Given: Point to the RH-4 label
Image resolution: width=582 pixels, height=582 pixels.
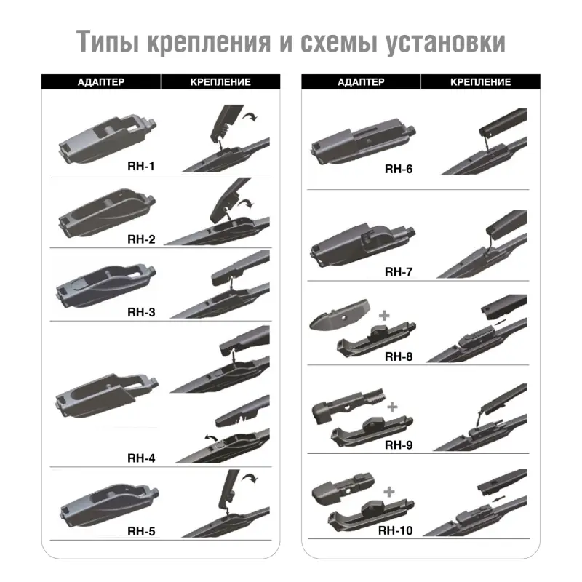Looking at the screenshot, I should [141, 458].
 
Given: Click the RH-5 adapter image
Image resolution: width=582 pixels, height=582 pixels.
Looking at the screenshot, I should [105, 503].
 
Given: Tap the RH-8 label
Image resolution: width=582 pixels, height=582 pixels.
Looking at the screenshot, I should [399, 356].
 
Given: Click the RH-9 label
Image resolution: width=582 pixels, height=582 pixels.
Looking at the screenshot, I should [399, 445].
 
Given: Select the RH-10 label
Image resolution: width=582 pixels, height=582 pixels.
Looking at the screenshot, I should [396, 530].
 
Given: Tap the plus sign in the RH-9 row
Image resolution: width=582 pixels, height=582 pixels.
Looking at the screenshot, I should [393, 407].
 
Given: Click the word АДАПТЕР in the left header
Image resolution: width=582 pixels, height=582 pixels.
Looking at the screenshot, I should [100, 82].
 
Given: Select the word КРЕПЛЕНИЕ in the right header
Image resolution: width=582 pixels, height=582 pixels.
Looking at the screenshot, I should [480, 82].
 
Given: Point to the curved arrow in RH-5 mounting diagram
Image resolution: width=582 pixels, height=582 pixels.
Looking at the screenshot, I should [252, 478].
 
